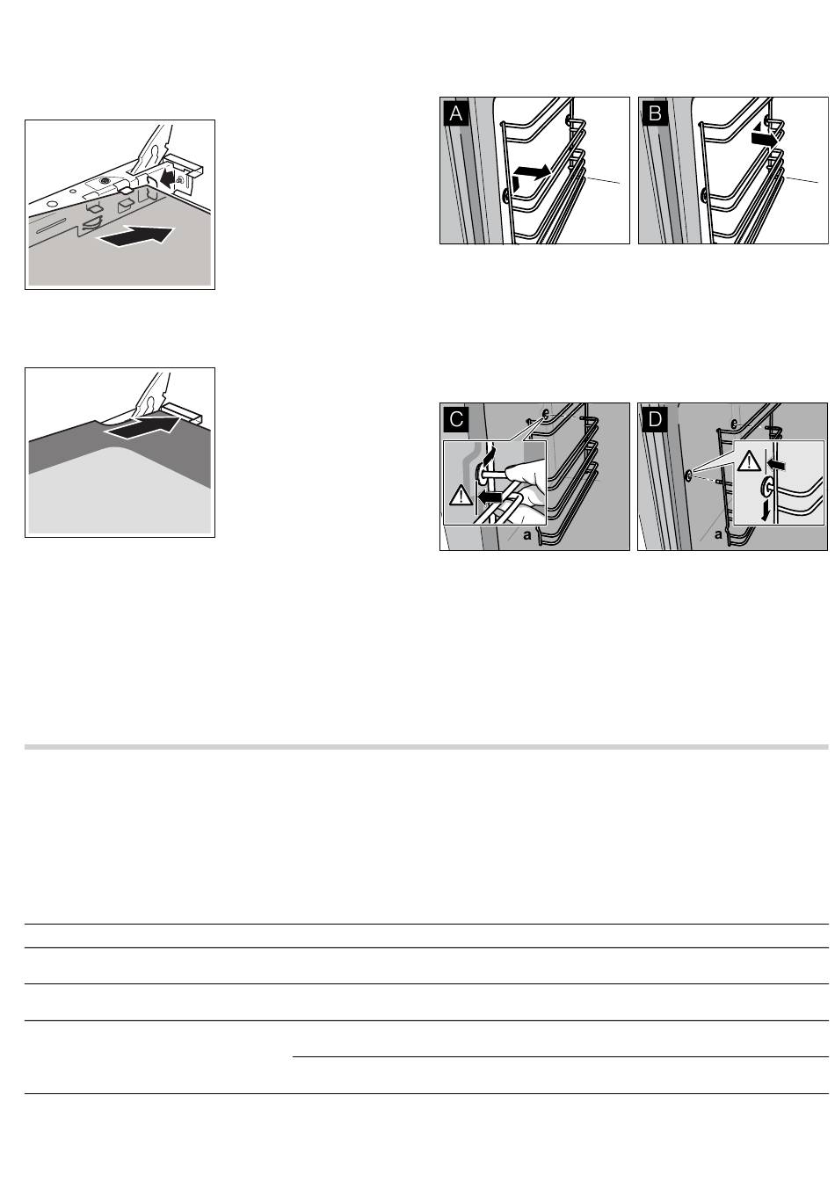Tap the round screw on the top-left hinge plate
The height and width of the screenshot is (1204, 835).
105,182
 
